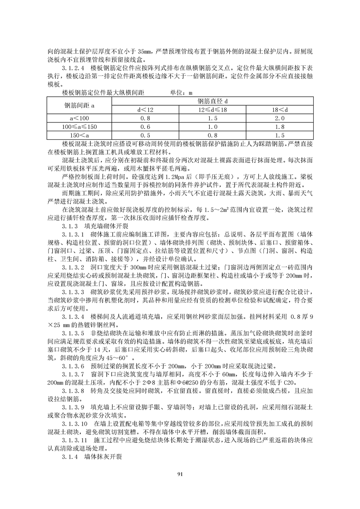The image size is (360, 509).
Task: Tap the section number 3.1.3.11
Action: coord(76,440)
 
